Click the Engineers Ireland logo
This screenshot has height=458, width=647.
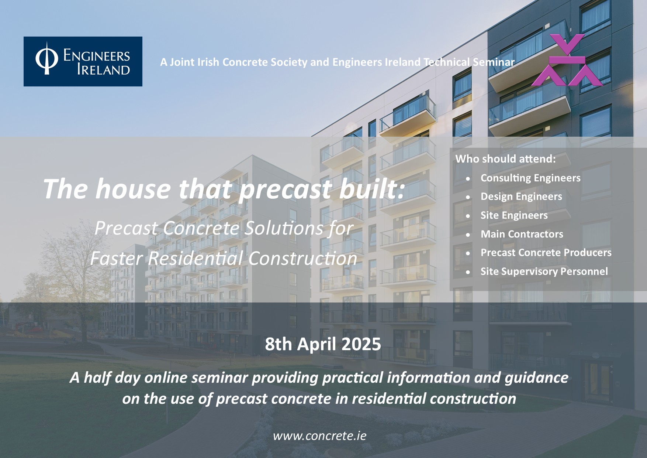coord(83,61)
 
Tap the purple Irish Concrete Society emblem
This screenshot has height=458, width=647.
coord(567,60)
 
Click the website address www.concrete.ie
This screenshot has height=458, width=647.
coord(319,436)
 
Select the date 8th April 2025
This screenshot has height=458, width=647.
coord(323,344)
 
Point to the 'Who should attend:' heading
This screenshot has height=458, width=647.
coord(505,159)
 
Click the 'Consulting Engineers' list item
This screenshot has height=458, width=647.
coord(530,178)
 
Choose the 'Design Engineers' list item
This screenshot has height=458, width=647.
coord(521,196)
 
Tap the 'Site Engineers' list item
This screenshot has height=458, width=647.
coord(514,215)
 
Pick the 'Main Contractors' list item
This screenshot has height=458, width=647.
coord(522,234)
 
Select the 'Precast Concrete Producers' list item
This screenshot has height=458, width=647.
coord(546,253)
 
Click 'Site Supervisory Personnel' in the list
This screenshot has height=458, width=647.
coord(544,271)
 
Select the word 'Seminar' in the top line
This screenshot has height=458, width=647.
coord(494,62)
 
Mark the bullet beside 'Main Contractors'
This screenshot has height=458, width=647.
coord(468,235)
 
